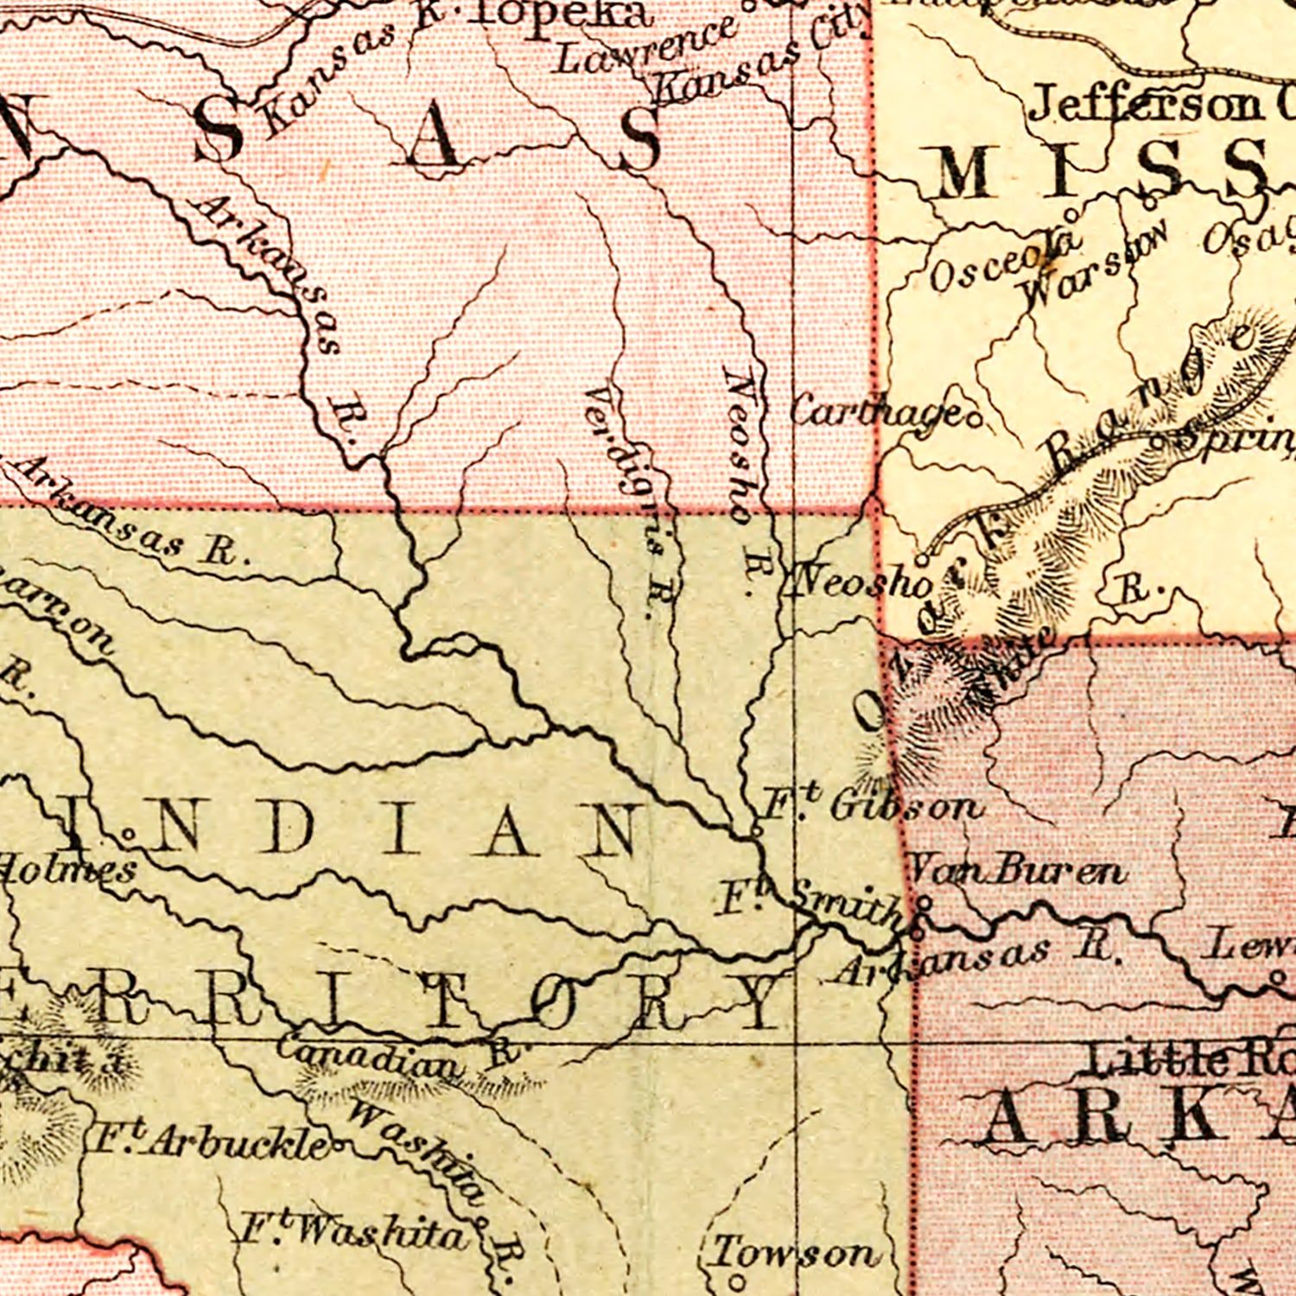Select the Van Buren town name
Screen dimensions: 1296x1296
1018,871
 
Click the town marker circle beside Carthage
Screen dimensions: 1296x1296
975,422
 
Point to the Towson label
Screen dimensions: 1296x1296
793,1252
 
